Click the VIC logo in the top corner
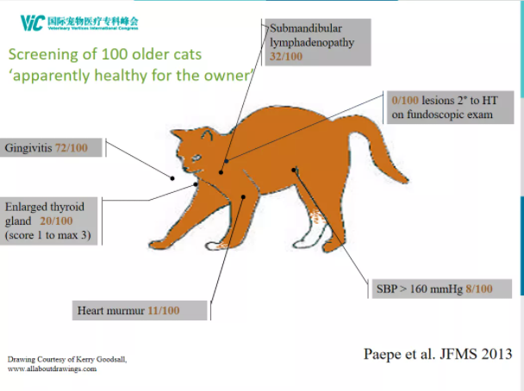33,23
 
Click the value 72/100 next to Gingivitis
72,147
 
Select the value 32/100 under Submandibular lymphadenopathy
286,56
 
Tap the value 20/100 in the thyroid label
56,220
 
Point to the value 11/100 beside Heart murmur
164,311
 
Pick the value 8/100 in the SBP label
479,289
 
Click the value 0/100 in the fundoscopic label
405,100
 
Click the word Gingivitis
28,148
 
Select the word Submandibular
306,28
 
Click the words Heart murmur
111,311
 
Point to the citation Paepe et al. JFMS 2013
438,354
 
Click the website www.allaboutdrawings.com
52,369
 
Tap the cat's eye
196,158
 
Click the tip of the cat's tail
405,181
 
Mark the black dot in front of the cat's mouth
172,178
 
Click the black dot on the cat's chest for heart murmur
244,197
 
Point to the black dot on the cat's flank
294,170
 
